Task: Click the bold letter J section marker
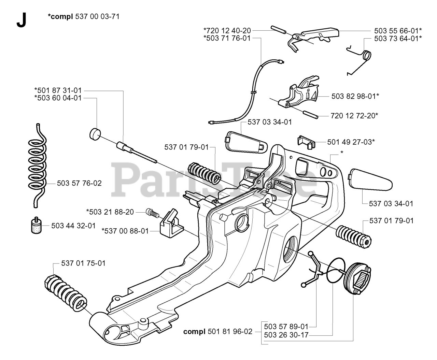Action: coord(21,21)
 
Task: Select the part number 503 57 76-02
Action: coord(79,183)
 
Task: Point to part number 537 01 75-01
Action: coord(83,263)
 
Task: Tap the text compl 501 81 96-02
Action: coord(218,331)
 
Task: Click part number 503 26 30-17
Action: coord(286,335)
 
